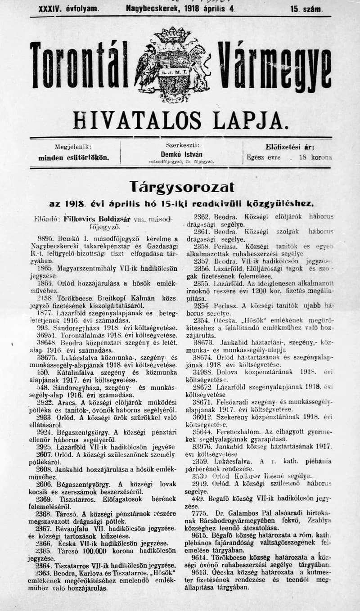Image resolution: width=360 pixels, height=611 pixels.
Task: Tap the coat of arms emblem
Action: [x=172, y=64]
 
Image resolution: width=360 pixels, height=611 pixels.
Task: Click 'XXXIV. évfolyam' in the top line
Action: [x=65, y=9]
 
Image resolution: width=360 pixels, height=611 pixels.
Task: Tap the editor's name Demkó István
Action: [x=181, y=154]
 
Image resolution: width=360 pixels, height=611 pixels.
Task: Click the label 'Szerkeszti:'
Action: [x=182, y=145]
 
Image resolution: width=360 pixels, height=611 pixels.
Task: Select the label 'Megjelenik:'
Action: [x=73, y=147]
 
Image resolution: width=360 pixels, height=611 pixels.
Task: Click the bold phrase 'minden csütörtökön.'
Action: [x=73, y=158]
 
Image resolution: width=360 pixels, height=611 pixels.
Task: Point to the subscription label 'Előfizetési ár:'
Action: [x=289, y=147]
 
